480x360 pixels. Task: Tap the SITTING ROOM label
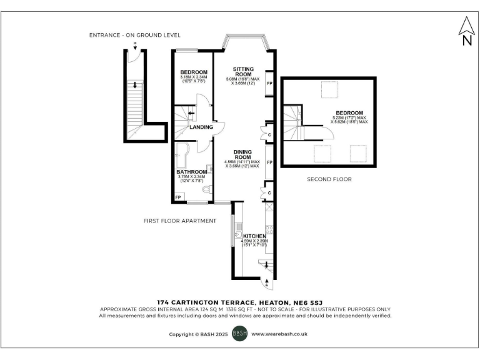242,72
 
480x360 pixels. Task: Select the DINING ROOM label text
242,154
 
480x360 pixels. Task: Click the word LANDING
202,127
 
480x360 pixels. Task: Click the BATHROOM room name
192,172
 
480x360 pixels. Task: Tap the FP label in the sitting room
270,83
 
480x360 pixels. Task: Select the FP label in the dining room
270,162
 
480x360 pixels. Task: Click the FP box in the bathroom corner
178,197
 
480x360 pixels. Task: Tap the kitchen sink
239,234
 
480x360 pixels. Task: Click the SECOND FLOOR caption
329,179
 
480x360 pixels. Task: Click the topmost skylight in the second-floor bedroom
329,91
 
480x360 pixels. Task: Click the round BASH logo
240,334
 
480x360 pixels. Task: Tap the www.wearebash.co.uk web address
279,334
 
